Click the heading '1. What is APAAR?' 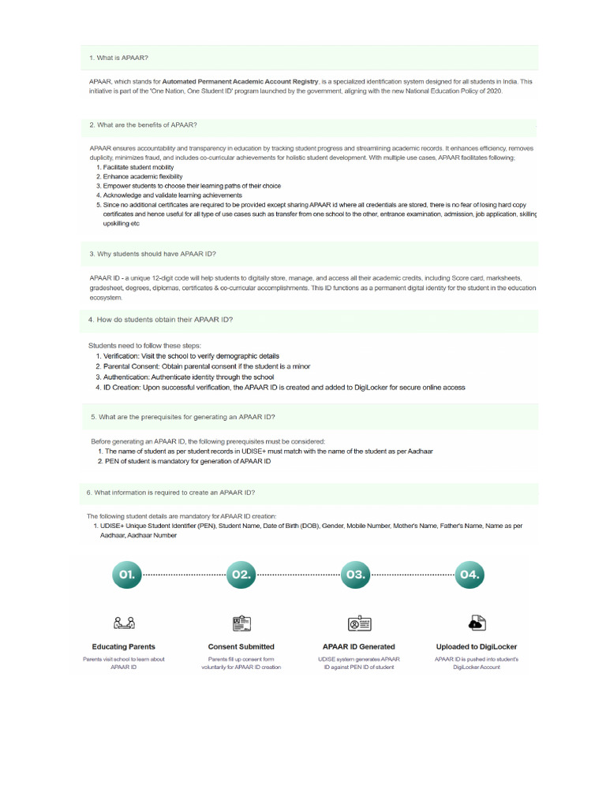point(118,58)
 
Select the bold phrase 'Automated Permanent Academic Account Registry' point(245,81)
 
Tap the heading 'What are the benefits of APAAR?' point(143,125)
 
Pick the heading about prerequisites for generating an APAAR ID point(183,416)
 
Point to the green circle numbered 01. point(127,575)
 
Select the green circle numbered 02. point(241,575)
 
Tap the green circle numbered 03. point(355,575)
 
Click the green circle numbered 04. point(469,575)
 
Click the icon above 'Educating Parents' point(124,623)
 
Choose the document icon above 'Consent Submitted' point(241,623)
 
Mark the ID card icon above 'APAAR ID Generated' point(359,623)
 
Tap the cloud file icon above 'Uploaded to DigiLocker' point(477,623)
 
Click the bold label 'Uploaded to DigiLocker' point(477,647)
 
